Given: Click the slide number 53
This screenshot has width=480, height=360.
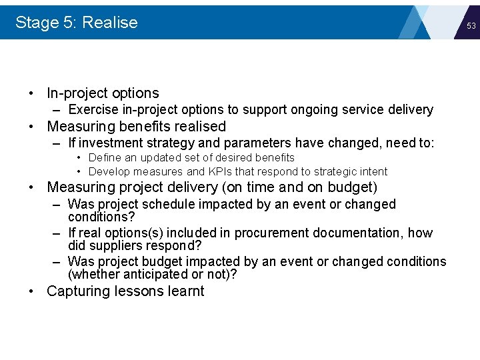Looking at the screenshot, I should point(471,26).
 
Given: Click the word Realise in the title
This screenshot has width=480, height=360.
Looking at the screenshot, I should point(110,23).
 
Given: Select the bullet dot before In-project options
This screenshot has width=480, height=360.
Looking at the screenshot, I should point(31,93).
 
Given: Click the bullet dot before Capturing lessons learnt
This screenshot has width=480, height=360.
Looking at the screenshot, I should point(31,291).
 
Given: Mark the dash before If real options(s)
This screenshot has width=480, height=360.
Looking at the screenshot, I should point(57,233).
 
